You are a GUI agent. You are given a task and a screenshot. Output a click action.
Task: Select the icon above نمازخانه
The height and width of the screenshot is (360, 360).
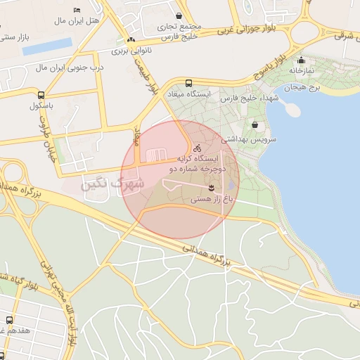pyautogui.click(x=302, y=60)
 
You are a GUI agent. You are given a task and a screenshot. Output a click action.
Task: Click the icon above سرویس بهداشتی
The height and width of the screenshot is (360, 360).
pyautogui.click(x=254, y=125)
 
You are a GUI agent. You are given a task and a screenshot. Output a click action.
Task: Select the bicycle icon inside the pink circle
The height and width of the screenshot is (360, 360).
pyautogui.click(x=198, y=148)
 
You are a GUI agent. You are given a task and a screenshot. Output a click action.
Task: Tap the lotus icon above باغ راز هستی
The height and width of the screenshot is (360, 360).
pyautogui.click(x=211, y=187)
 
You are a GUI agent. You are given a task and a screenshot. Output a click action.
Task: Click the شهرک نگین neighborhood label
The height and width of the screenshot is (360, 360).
pyautogui.click(x=113, y=185)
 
